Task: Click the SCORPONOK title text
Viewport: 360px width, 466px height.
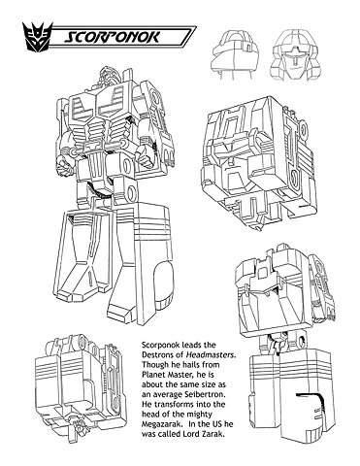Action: click(x=113, y=37)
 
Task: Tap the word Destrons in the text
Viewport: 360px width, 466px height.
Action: click(x=156, y=354)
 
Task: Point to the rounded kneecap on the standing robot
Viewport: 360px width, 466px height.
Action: click(x=163, y=278)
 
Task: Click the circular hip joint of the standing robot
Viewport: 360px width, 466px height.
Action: click(x=131, y=191)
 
